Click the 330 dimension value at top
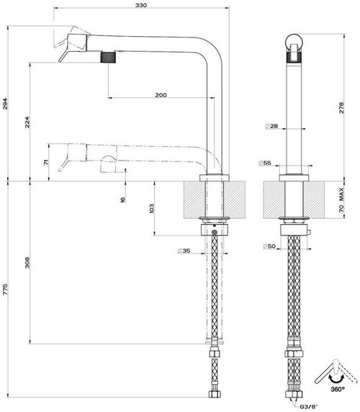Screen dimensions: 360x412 [x=141, y=5]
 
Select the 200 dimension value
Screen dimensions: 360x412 [x=161, y=95]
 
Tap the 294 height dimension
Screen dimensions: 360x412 [x=5, y=104]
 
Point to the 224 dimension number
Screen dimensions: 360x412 [x=27, y=122]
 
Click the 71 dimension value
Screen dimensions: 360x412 [x=46, y=162]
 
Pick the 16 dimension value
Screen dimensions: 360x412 [x=122, y=200]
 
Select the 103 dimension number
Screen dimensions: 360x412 [x=151, y=208]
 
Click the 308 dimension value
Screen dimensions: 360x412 [x=27, y=262]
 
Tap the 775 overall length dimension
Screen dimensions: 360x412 [x=5, y=289]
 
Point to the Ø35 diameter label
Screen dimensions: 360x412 [x=184, y=251]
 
